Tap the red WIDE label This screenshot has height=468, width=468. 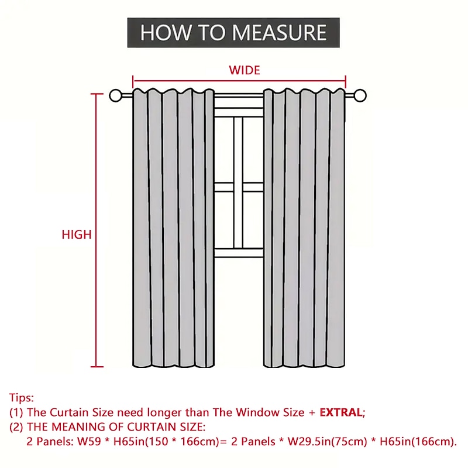pyautogui.click(x=245, y=70)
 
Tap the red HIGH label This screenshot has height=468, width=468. pyautogui.click(x=77, y=235)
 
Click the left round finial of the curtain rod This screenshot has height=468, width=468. pyautogui.click(x=116, y=95)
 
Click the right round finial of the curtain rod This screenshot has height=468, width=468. pyautogui.click(x=360, y=95)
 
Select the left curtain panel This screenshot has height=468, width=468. pyautogui.click(x=173, y=228)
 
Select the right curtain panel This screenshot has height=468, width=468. pyautogui.click(x=304, y=228)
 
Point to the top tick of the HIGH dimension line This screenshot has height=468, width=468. pyautogui.click(x=97, y=94)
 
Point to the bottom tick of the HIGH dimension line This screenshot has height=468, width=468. pyautogui.click(x=97, y=367)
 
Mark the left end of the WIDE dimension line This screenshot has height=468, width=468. pyautogui.click(x=134, y=81)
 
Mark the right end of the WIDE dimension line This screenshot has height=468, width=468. pyautogui.click(x=346, y=81)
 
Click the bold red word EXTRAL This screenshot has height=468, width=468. pyautogui.click(x=341, y=412)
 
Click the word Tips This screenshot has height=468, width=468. pyautogui.click(x=21, y=398)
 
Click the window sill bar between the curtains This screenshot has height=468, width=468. pyautogui.click(x=239, y=253)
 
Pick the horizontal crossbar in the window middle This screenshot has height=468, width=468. pyautogui.click(x=239, y=187)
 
